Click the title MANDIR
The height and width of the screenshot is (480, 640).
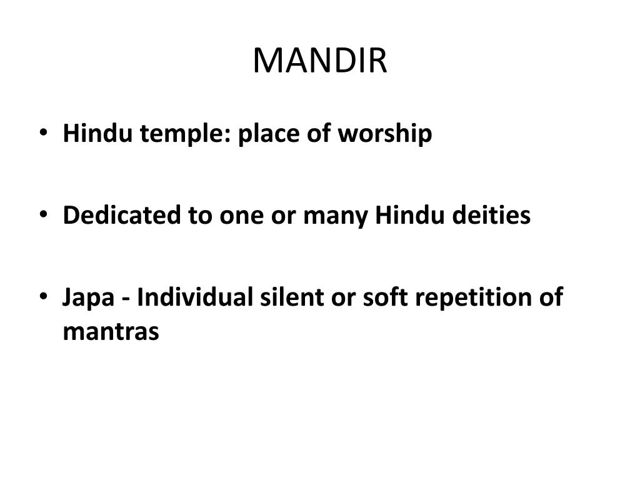coord(320,61)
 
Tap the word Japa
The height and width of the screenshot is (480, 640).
coord(87,297)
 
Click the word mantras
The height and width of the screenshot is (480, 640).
coord(111,331)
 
